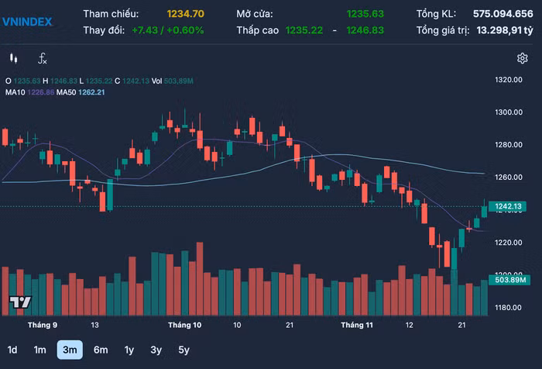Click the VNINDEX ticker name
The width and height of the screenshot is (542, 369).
26,22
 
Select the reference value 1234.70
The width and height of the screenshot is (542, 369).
185,13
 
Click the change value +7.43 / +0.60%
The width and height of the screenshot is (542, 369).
167,29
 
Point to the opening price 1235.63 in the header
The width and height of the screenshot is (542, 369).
365,13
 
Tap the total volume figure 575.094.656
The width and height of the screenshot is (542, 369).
503,13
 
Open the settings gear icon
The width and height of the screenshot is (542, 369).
523,58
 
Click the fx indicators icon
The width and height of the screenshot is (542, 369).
43,58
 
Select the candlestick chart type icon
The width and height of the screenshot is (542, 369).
13,58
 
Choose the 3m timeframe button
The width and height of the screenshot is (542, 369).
70,350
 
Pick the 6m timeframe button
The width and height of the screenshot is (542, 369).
101,350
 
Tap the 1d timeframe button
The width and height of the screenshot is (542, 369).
12,350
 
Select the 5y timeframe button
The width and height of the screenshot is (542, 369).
184,350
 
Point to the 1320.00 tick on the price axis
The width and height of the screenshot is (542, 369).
509,79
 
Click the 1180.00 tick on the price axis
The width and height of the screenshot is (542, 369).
509,308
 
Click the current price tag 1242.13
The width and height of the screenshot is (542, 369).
509,206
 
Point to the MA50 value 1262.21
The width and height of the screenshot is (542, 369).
91,91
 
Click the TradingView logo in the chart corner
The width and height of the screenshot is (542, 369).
19,302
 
